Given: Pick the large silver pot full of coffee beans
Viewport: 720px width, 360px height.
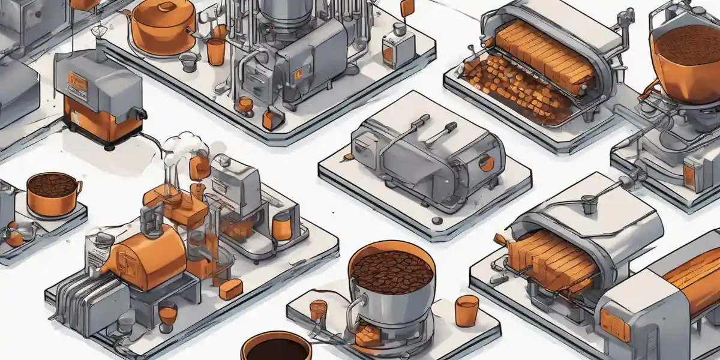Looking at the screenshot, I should tap(391, 282).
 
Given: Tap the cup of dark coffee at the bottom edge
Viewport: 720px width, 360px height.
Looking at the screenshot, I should tap(277, 347).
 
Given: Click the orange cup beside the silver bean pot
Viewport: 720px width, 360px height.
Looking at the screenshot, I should tap(466, 310).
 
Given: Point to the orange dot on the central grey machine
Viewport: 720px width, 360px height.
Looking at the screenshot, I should tap(487, 163).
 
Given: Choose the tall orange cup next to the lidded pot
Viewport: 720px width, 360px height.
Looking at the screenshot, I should tap(215, 51).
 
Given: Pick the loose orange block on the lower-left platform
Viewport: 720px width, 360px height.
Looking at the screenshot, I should tap(230, 289).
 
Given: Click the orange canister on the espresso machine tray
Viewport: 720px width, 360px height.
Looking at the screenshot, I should tap(281, 227).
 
